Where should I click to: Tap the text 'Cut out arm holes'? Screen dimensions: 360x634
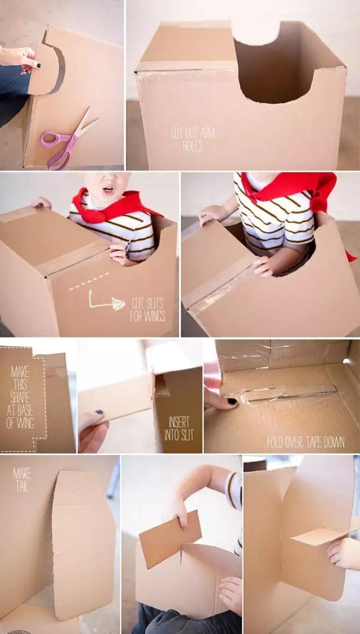(x=192, y=140)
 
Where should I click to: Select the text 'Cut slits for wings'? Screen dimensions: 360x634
(x=147, y=310)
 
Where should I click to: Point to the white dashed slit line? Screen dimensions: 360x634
(x=89, y=281)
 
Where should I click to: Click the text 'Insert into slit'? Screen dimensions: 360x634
(x=179, y=429)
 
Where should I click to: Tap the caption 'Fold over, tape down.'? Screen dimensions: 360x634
(x=306, y=442)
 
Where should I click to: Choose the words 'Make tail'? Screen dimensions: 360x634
(x=22, y=479)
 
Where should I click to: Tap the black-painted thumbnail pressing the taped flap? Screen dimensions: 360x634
(x=232, y=402)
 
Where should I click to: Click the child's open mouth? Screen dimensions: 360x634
(x=109, y=189)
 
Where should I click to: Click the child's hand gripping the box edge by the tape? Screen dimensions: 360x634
(x=118, y=253)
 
